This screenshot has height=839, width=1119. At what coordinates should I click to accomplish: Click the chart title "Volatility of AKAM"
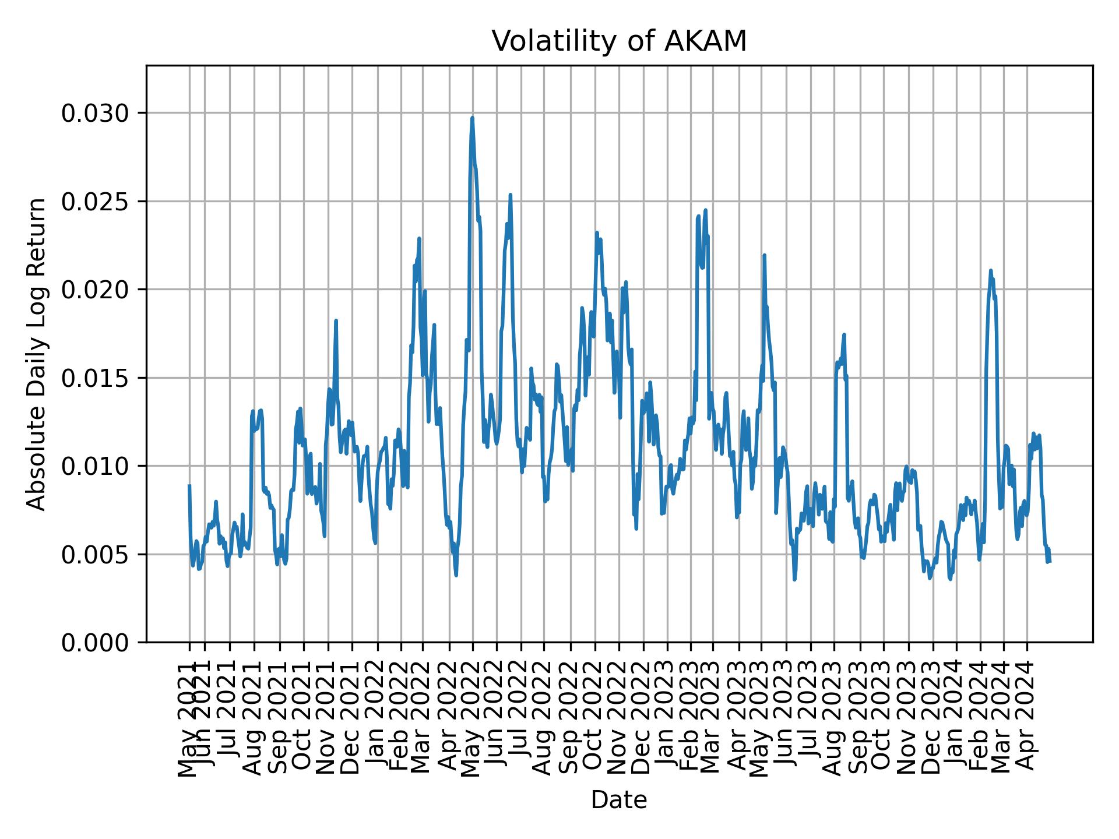coord(619,41)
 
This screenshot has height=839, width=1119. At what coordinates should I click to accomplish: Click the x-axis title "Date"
coord(619,800)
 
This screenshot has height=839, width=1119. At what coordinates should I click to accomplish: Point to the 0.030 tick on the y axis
coord(96,112)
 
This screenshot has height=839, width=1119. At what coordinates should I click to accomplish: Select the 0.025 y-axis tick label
coord(96,201)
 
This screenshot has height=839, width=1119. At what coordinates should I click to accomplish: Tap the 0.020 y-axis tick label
coord(96,290)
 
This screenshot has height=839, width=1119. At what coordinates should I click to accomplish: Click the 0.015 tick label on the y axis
coord(96,378)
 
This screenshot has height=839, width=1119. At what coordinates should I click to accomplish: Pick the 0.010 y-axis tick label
coord(96,466)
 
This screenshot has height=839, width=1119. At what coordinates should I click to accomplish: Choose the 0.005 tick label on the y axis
coord(96,554)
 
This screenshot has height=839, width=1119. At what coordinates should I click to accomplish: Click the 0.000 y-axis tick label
coord(96,643)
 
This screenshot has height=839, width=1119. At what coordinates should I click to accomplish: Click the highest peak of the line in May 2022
coord(473,118)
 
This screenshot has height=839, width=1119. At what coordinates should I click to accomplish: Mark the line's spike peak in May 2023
coord(764,255)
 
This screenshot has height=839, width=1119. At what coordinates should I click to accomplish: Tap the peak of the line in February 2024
coord(991,270)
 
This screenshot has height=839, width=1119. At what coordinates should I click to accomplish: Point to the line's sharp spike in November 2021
coord(336,320)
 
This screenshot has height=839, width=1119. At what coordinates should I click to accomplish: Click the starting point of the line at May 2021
coord(189,485)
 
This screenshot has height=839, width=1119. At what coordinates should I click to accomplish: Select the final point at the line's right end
coord(1050,561)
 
